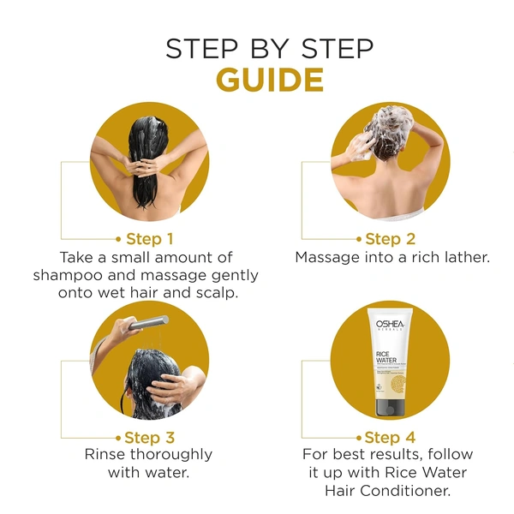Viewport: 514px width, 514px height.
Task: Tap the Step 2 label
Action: coord(390,238)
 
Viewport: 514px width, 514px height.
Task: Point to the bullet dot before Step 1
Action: coord(118,239)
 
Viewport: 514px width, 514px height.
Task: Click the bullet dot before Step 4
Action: coord(357,438)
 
